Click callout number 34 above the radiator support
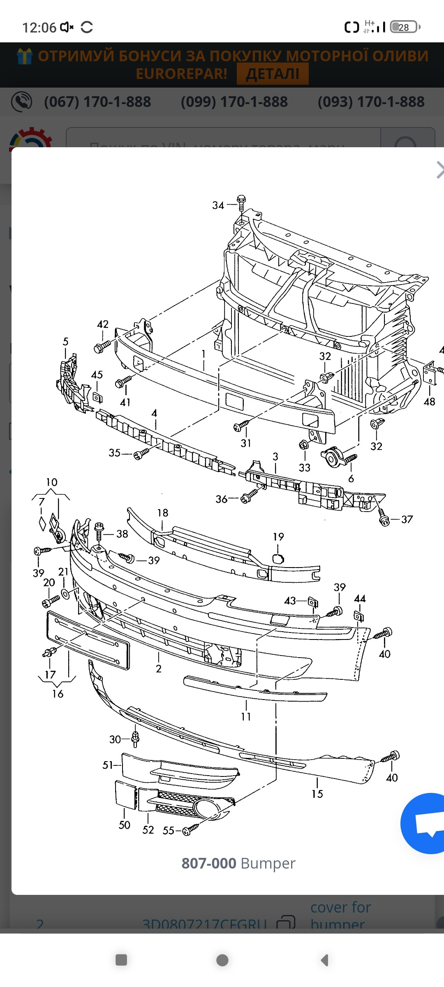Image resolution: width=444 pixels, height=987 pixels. coord(218,205)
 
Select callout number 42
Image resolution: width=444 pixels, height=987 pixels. coord(102,324)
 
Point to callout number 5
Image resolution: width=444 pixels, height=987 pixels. coord(66,341)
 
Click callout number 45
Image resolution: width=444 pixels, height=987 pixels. coord(97,375)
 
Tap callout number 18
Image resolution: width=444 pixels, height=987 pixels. coord(162,513)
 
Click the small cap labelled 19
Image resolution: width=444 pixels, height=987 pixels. coord(278,558)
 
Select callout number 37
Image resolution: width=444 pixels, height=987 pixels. coord(407,519)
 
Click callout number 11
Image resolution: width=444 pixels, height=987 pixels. coord(246,717)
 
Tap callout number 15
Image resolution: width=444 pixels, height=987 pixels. coord(317,794)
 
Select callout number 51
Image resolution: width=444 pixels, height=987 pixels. coord(108,765)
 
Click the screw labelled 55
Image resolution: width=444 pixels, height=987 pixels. coord(190,830)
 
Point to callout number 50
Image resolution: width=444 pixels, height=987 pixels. coord(124,825)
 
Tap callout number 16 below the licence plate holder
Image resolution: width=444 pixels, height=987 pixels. coord(58,694)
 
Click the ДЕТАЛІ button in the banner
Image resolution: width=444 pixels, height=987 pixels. coord(273,74)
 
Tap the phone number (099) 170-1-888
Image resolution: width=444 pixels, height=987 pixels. coord(234,102)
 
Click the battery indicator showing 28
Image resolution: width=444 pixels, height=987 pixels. coord(404,27)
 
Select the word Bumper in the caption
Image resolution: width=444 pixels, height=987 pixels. coord(268,863)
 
